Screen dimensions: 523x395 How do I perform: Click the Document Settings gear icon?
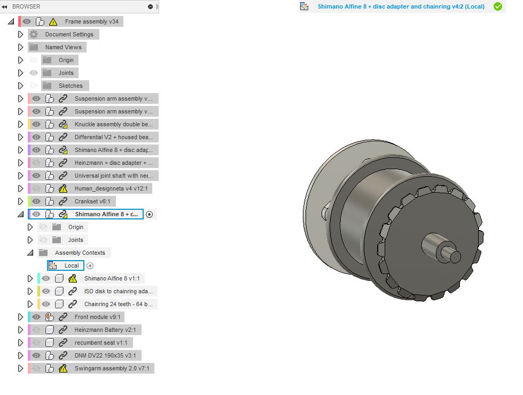(x=33, y=34)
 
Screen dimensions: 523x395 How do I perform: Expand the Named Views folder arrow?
(x=20, y=47)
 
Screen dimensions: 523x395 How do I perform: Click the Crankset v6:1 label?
(x=92, y=201)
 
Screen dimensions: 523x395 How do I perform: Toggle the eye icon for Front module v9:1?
(x=36, y=317)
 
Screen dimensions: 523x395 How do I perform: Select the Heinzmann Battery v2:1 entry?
(x=105, y=330)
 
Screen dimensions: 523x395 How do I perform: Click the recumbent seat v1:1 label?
(x=101, y=343)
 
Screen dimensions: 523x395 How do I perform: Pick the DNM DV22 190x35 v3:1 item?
(x=105, y=355)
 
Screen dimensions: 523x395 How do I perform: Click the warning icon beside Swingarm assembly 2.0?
(x=63, y=368)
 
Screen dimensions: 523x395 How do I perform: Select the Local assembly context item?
(x=72, y=265)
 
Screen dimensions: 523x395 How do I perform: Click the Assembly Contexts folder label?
(x=80, y=253)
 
